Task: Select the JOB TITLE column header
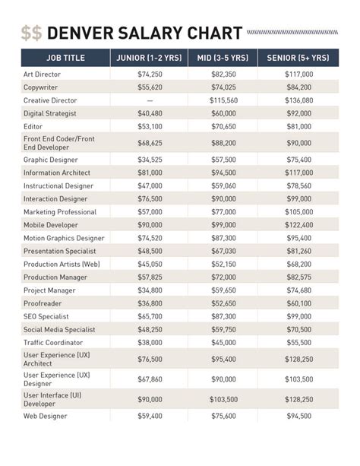65,58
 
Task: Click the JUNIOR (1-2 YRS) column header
150,58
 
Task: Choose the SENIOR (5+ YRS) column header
298,58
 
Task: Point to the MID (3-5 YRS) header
223,58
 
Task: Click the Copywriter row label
43,87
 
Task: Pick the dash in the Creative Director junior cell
150,100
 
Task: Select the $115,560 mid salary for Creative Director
223,100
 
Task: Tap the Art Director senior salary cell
298,74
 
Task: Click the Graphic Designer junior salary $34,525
150,160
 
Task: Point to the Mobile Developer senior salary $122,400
298,225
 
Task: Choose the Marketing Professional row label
60,212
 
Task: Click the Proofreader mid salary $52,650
223,303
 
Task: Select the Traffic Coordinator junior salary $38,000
150,342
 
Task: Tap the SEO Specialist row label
46,316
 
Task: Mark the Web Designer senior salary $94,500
298,416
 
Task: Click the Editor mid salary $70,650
223,126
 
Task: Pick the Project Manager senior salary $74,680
298,290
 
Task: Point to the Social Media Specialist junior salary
150,329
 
